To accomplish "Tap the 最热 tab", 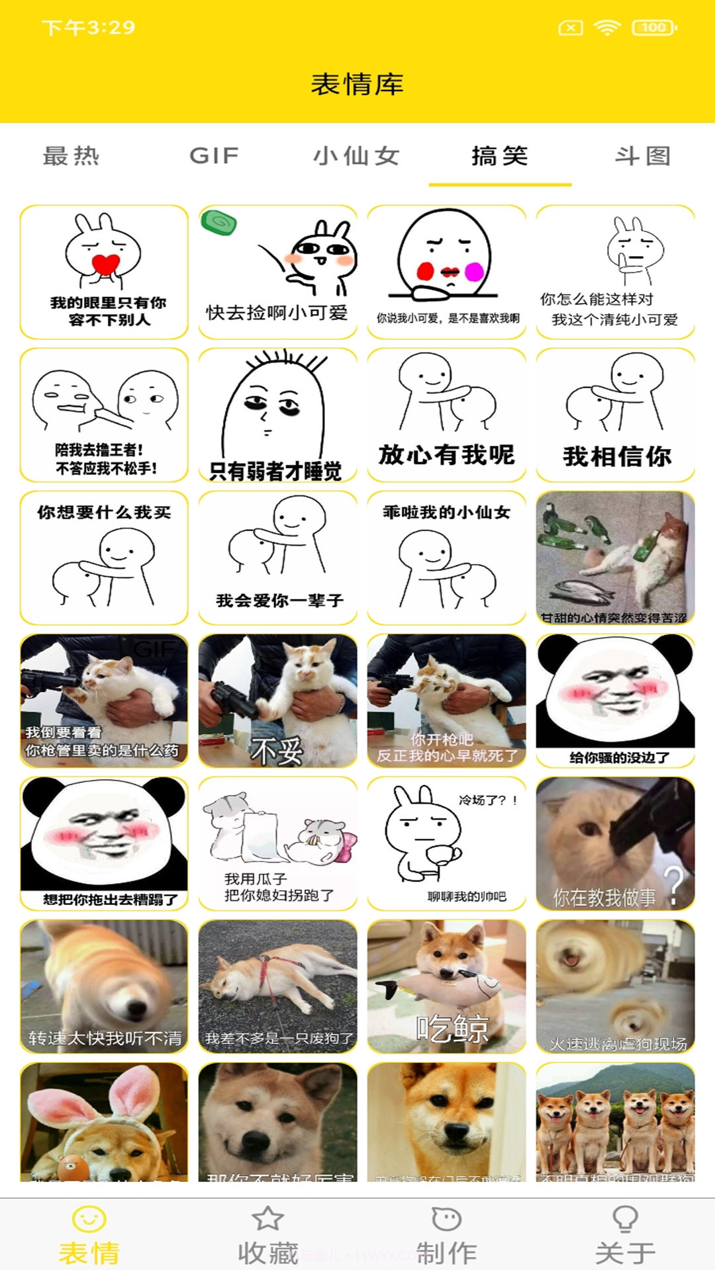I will [71, 156].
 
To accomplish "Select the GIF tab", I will [214, 156].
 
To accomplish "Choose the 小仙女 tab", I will [357, 156].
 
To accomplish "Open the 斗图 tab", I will [643, 156].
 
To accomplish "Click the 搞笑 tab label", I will [500, 156].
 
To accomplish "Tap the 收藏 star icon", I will [267, 1218].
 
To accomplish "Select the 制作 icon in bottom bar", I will [446, 1218].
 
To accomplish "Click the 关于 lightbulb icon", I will [625, 1218].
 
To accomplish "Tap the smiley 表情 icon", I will [89, 1218].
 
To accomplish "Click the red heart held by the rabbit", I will [105, 264].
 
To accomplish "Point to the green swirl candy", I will [219, 222].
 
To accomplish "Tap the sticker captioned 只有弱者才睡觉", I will [277, 415].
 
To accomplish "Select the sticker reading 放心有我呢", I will [446, 415].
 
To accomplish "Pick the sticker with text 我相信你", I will [615, 415].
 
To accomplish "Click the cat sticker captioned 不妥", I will [277, 700].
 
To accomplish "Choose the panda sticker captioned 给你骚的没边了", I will [615, 700].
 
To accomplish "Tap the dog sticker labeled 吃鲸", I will [446, 986].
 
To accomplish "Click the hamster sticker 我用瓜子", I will [277, 843].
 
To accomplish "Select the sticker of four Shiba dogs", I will [615, 1122].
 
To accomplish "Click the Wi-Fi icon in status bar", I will [606, 28].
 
